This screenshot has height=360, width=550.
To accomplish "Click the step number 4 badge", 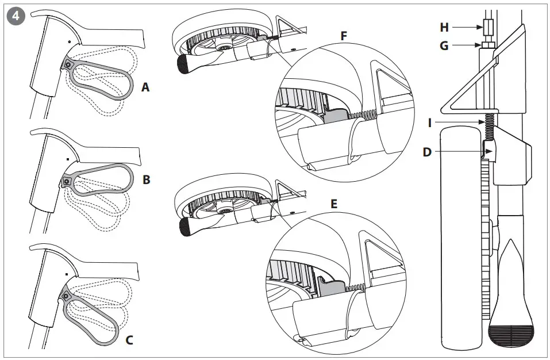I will click(15, 16).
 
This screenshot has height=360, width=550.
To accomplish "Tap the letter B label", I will click(146, 180).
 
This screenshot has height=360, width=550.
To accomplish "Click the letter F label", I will click(344, 36).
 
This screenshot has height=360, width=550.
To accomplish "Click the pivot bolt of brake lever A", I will click(68, 65).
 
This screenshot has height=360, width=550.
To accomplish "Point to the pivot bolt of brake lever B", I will click(67, 181).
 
